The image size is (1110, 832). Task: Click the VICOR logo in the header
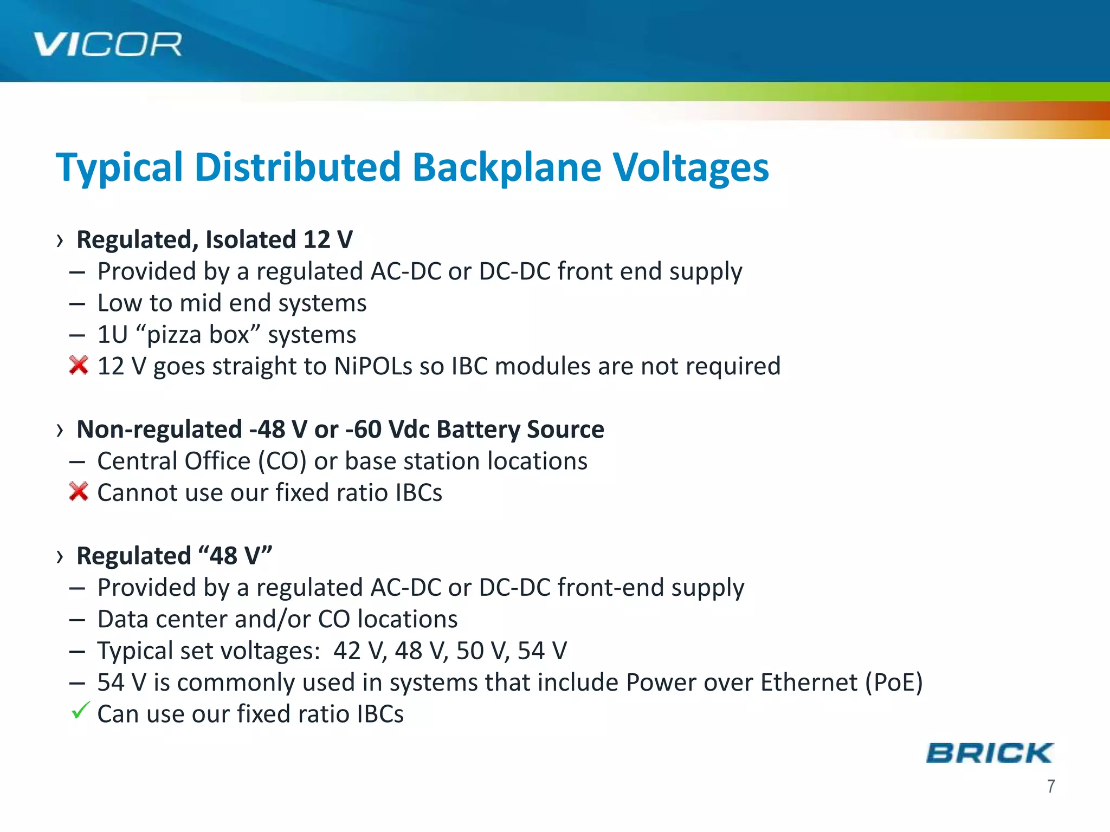pos(107,44)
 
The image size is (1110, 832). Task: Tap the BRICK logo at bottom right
pos(989,753)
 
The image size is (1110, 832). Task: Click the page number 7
pos(1051,786)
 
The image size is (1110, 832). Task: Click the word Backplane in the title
pos(506,167)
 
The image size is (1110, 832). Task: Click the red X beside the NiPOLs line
pos(79,366)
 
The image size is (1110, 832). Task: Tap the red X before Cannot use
pos(79,492)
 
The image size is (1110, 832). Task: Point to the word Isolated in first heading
pos(250,240)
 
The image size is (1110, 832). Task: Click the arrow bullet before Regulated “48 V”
pos(60,556)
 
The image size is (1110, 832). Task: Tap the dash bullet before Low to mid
pos(77,304)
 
